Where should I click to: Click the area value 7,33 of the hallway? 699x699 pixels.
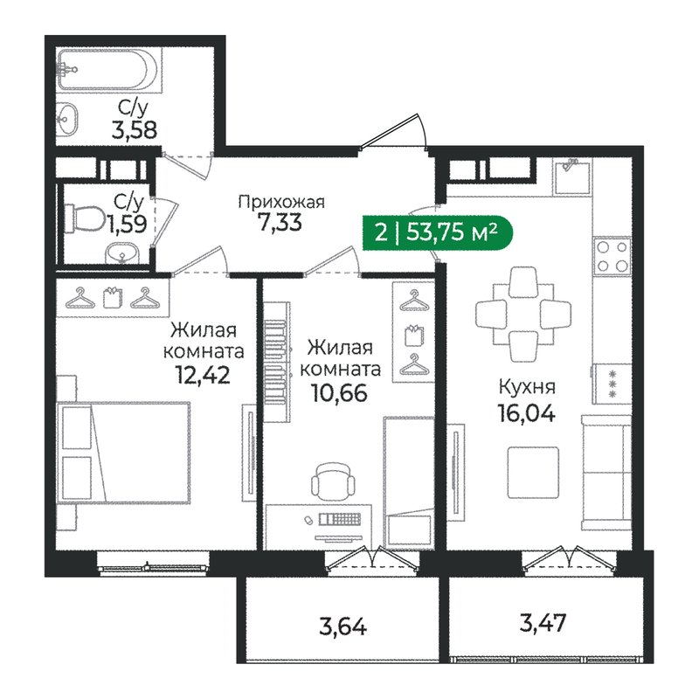tap(280, 224)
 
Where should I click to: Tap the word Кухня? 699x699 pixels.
tap(528, 386)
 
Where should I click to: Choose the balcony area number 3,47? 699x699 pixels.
tap(543, 624)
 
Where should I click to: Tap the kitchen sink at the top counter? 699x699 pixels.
tap(573, 175)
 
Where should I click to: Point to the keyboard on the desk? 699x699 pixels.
tap(342, 520)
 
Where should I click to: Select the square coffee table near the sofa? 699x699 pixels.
tap(533, 472)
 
